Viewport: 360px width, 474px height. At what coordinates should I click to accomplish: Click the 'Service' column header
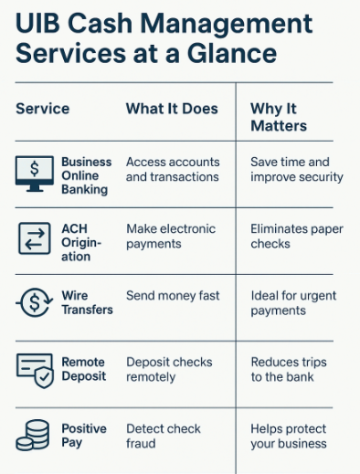pos(42,109)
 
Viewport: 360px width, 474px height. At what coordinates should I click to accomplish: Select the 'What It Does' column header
pos(172,109)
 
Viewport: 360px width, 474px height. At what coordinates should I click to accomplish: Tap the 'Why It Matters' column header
pos(279,117)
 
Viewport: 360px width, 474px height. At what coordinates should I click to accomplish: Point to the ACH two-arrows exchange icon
pos(35,239)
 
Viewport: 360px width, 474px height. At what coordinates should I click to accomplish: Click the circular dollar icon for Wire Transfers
pos(35,303)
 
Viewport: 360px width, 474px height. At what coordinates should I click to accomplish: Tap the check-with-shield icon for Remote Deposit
pos(35,369)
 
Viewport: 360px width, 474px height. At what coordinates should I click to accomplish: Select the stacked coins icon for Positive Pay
pos(34,435)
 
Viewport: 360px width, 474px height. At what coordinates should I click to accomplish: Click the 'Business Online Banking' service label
pos(86,175)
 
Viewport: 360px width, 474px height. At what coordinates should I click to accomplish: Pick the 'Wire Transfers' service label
pos(87,303)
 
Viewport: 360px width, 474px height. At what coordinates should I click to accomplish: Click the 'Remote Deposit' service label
pos(83,369)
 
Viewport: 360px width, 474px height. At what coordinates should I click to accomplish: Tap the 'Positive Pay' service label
pos(83,436)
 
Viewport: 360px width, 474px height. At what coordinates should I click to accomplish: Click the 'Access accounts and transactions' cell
pos(173,169)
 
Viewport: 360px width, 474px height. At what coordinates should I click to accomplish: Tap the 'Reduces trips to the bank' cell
pos(289,369)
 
